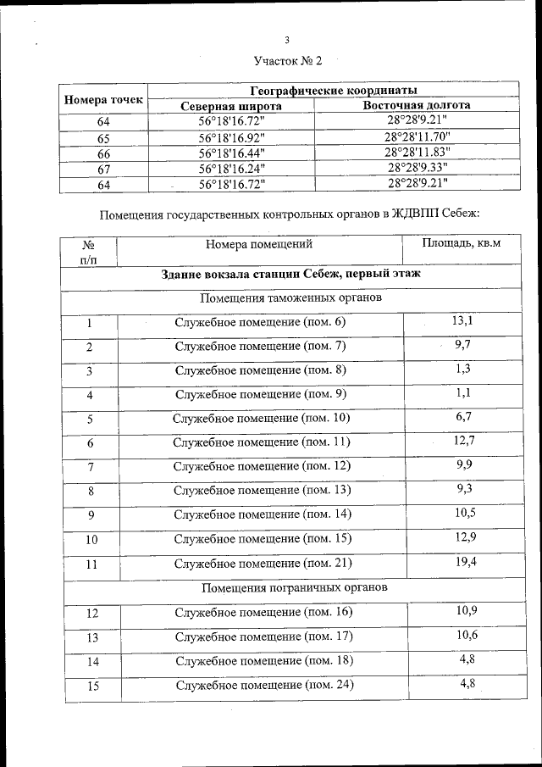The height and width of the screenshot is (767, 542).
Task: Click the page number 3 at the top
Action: coord(287,40)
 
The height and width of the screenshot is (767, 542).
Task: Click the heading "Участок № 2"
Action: coord(289,61)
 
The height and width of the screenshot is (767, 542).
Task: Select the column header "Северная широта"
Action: coord(231,106)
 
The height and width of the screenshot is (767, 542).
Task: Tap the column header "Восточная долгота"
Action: coord(417,105)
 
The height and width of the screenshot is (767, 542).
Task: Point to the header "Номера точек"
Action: coord(103,100)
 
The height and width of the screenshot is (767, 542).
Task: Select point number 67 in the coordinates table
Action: coord(104,169)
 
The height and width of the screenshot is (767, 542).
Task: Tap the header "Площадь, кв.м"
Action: coord(462,244)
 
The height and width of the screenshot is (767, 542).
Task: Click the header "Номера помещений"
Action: coord(259,245)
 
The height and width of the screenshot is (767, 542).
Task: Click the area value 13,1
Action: coord(462,320)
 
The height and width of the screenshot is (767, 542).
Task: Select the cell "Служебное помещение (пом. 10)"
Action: coord(261,418)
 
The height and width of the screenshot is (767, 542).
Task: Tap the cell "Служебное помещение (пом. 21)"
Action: coord(263,563)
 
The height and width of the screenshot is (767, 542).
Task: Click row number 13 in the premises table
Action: coord(92,637)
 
